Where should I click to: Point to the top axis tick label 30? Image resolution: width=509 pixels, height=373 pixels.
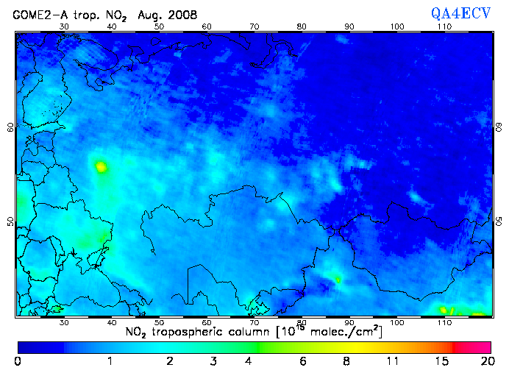pyautogui.click(x=63, y=26)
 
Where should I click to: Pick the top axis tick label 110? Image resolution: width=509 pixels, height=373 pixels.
pyautogui.click(x=444, y=26)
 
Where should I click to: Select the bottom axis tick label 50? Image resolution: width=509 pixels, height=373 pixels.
pyautogui.click(x=159, y=322)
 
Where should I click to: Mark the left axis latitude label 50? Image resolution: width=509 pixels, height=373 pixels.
pyautogui.click(x=10, y=221)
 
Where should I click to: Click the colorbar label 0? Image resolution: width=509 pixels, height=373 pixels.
pyautogui.click(x=17, y=361)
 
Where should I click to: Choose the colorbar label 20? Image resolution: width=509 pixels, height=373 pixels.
pyautogui.click(x=485, y=361)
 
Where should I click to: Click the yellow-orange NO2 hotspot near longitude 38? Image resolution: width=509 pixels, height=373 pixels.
pyautogui.click(x=101, y=167)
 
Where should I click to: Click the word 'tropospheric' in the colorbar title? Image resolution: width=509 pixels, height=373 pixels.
pyautogui.click(x=199, y=333)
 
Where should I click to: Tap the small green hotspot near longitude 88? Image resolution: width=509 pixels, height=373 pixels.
pyautogui.click(x=338, y=280)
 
